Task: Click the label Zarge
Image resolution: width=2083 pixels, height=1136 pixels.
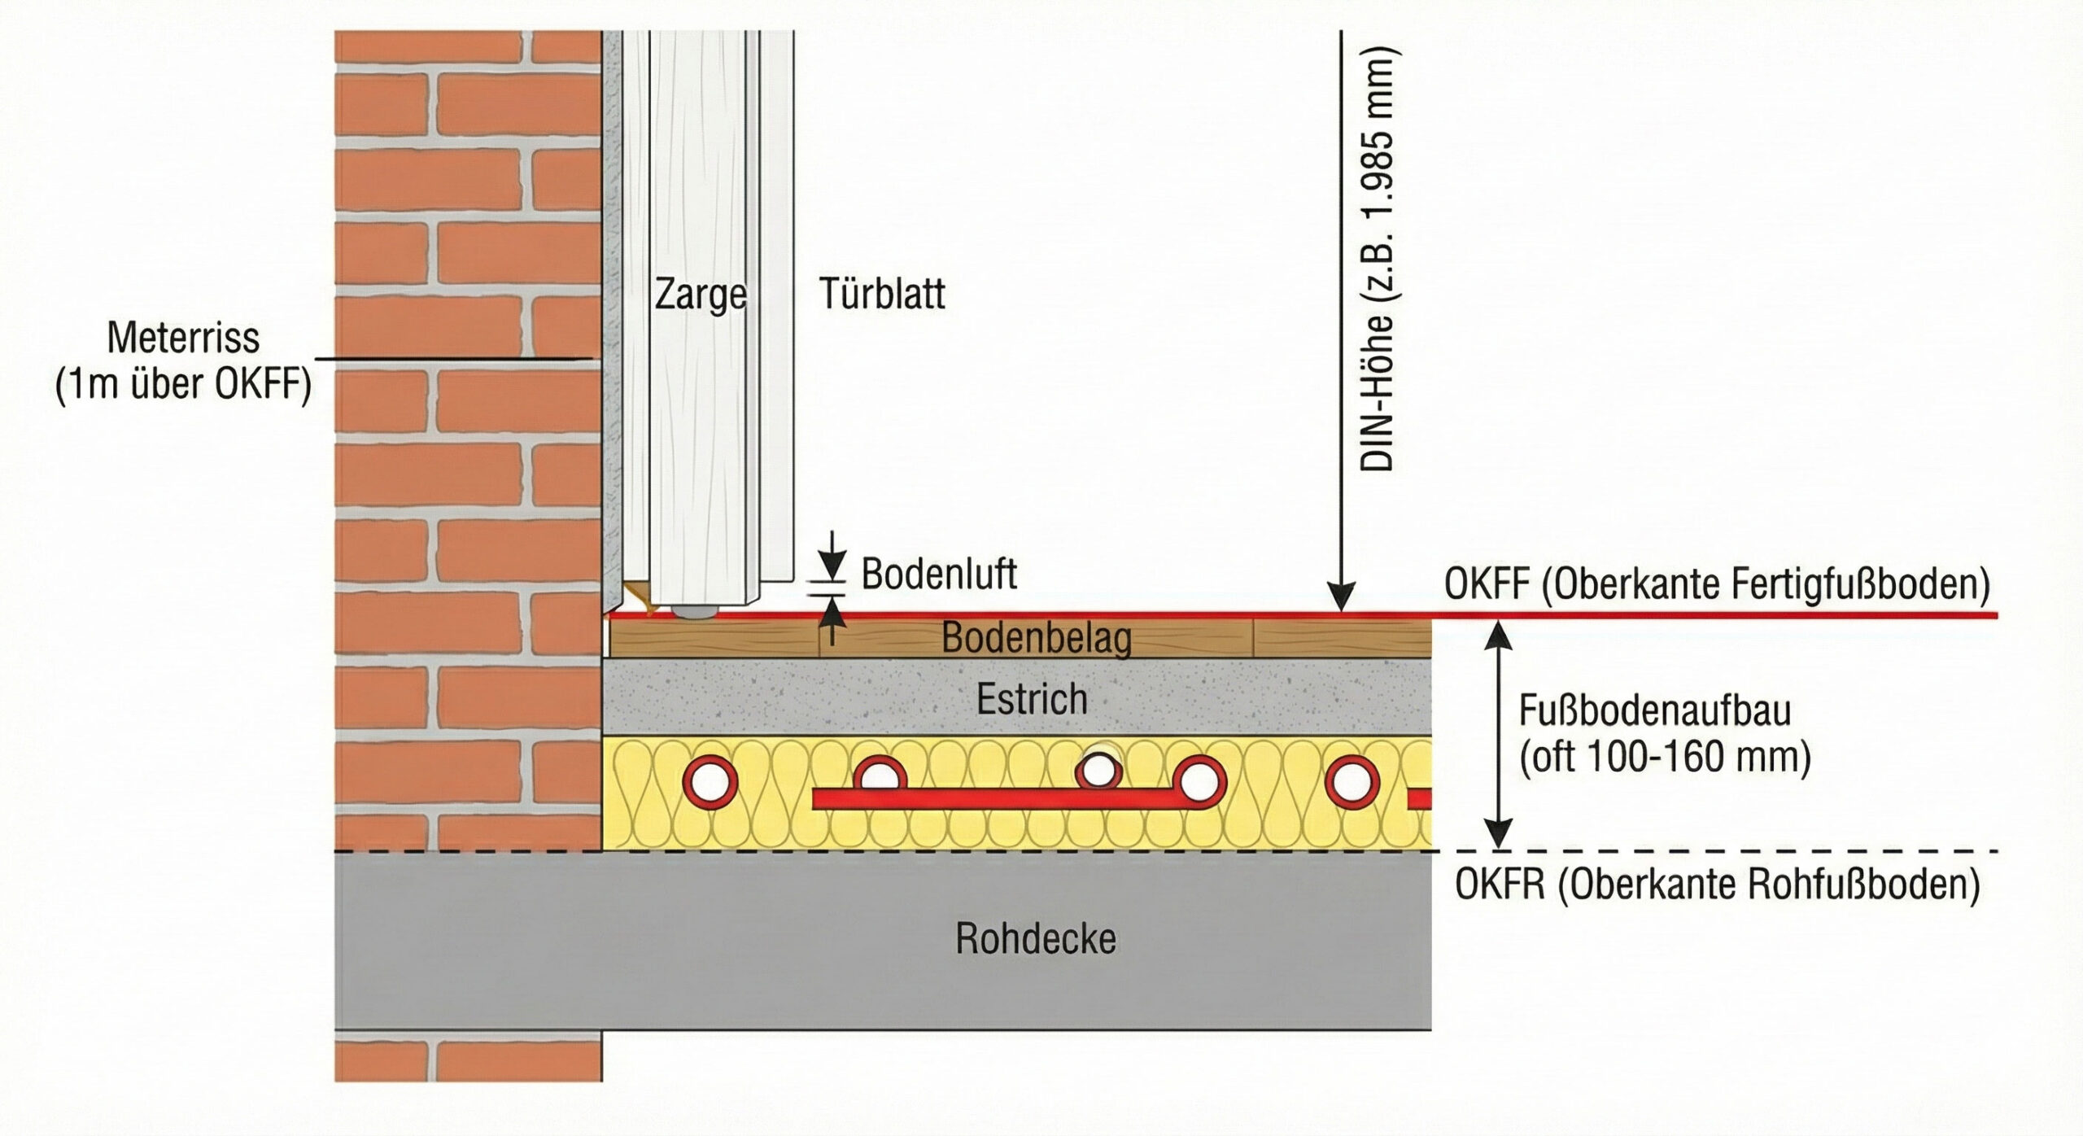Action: (700, 295)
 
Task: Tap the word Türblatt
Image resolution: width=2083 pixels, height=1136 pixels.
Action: (881, 294)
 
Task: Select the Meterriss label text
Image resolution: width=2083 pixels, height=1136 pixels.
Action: (183, 338)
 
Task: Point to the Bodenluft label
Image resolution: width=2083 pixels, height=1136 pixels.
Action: (938, 575)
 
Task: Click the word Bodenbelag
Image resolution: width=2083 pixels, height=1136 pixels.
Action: (1036, 639)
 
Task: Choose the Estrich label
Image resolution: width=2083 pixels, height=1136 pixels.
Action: (1031, 699)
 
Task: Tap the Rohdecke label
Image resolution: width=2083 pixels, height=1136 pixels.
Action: (1035, 939)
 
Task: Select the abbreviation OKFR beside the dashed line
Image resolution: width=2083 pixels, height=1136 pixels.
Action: (1499, 885)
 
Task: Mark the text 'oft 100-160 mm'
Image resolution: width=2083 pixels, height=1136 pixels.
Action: (1665, 758)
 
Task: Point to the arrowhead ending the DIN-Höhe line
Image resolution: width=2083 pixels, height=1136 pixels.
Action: (1341, 601)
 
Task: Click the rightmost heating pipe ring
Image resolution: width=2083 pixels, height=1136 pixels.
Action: (1352, 780)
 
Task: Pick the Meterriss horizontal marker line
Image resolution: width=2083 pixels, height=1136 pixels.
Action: (452, 358)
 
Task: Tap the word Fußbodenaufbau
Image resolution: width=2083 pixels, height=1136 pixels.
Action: (1655, 711)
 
